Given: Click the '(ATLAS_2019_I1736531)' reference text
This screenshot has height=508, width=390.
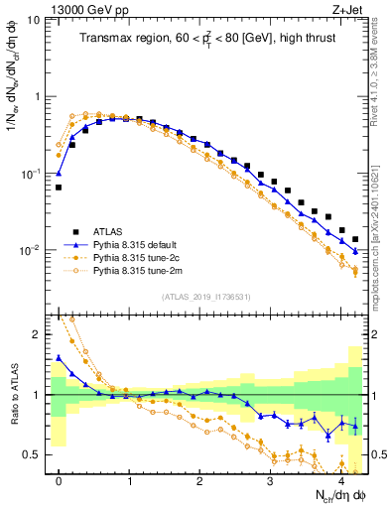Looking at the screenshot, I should pyautogui.click(x=205, y=298).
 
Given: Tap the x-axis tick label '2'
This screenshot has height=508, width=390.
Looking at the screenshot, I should pyautogui.click(x=199, y=479).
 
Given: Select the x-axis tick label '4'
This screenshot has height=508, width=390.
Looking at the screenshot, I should pyautogui.click(x=340, y=479).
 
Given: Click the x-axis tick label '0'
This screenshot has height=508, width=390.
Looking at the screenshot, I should pyautogui.click(x=59, y=479).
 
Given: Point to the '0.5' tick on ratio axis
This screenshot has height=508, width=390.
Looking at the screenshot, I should pyautogui.click(x=36, y=454).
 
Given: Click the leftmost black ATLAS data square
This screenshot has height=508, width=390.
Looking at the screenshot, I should pyautogui.click(x=59, y=187).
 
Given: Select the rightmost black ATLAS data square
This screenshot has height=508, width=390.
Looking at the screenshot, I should pyautogui.click(x=355, y=239).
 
